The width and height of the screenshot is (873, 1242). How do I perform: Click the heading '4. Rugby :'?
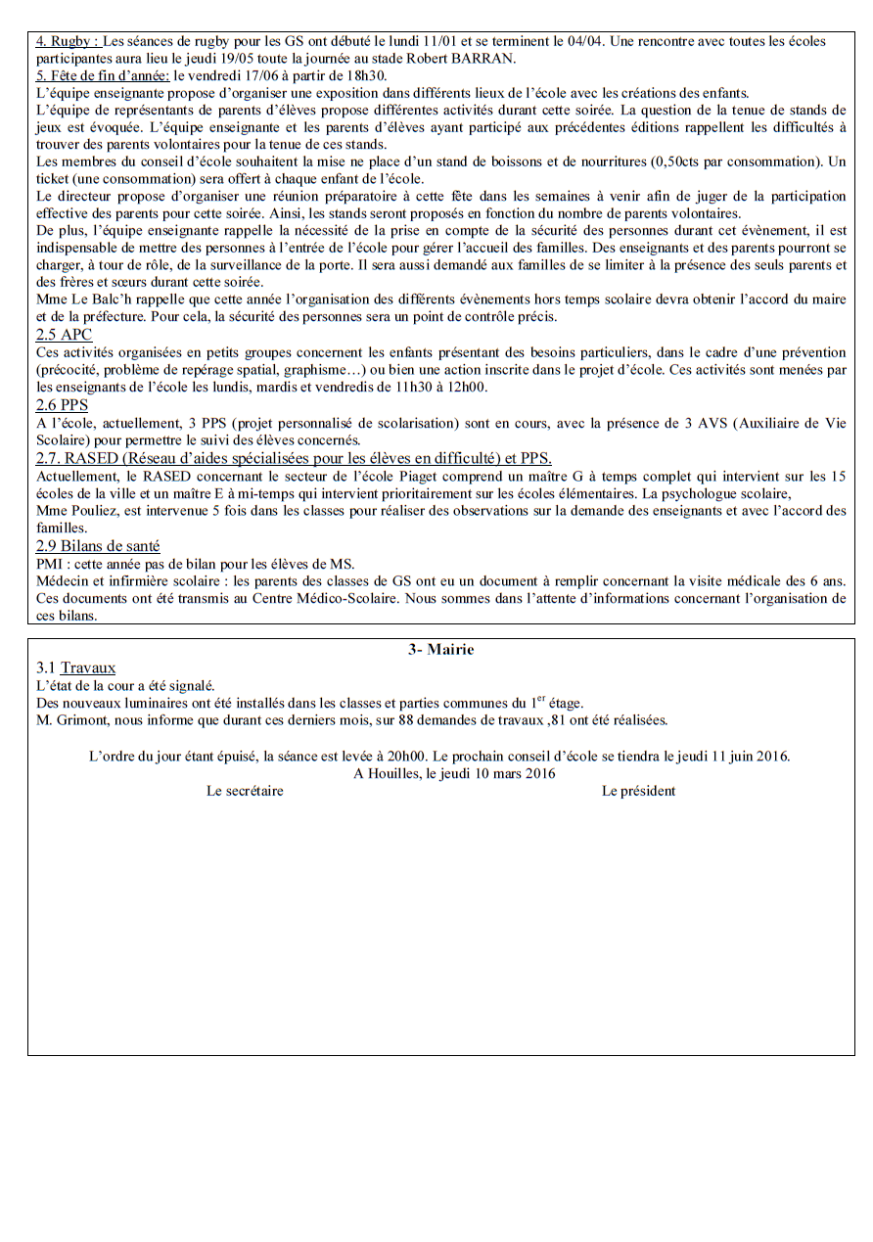pos(67,42)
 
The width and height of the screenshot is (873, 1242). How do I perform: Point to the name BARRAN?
pos(486,58)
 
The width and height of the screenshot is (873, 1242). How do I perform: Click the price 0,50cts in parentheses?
pos(651,161)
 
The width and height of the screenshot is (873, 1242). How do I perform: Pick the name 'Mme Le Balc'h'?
pos(79,299)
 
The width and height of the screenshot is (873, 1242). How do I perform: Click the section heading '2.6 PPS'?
pos(62,404)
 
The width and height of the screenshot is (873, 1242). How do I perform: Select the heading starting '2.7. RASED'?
pos(293,458)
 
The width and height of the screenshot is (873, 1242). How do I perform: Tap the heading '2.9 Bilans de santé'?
pos(98,546)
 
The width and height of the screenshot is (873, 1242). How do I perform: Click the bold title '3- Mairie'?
pos(440,650)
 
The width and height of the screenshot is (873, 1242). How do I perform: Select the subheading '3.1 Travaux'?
pos(75,667)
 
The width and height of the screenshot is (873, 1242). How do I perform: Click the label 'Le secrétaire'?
pos(245,791)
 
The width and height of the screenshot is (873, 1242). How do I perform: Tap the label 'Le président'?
pos(638,791)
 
